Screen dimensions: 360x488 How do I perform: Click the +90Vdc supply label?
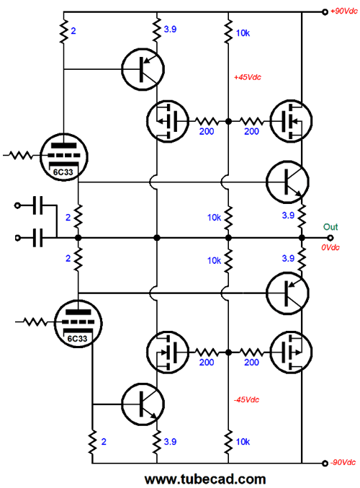coord(344,12)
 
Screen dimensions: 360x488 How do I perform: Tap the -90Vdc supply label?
coord(343,463)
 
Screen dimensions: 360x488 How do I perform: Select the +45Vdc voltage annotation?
coord(248,77)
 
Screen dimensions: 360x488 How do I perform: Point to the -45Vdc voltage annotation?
coord(246,399)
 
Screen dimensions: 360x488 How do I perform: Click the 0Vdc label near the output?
coord(330,247)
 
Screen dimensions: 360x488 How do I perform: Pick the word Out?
coord(330,227)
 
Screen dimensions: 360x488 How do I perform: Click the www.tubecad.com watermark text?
coord(205,479)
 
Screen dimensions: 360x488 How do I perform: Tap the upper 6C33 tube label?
coord(63,172)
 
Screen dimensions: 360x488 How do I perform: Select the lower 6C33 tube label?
coord(78,338)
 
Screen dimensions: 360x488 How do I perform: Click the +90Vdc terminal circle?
coord(325,12)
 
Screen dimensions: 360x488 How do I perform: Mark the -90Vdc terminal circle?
coord(325,463)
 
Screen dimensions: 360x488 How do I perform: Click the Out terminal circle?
coord(330,238)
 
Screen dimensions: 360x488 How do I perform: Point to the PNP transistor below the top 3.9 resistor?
coord(143,69)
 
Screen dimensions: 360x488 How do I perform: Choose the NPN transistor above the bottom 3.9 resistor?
coord(143,404)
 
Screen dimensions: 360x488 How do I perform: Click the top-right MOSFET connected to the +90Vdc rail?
coord(292,121)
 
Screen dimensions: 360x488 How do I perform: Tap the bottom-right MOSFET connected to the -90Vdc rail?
coord(292,352)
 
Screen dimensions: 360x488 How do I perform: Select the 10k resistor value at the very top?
coord(243,33)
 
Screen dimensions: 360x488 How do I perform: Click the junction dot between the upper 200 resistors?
coord(228,121)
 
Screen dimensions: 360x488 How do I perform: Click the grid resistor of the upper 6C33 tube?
coord(20,155)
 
